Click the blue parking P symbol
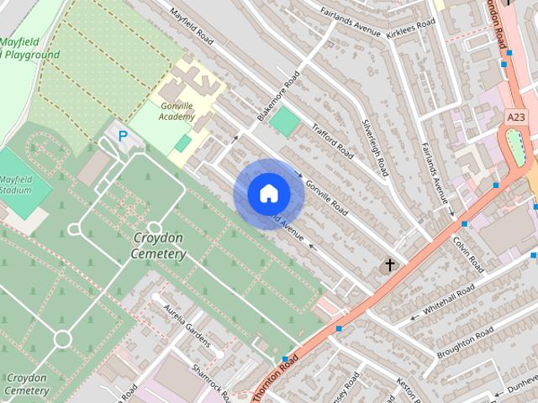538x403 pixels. pyautogui.click(x=124, y=134)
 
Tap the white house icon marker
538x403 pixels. pyautogui.click(x=268, y=194)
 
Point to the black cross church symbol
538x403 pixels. pyautogui.click(x=389, y=265)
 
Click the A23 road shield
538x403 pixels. pyautogui.click(x=517, y=116)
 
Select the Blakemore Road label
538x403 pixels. pyautogui.click(x=277, y=98)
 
